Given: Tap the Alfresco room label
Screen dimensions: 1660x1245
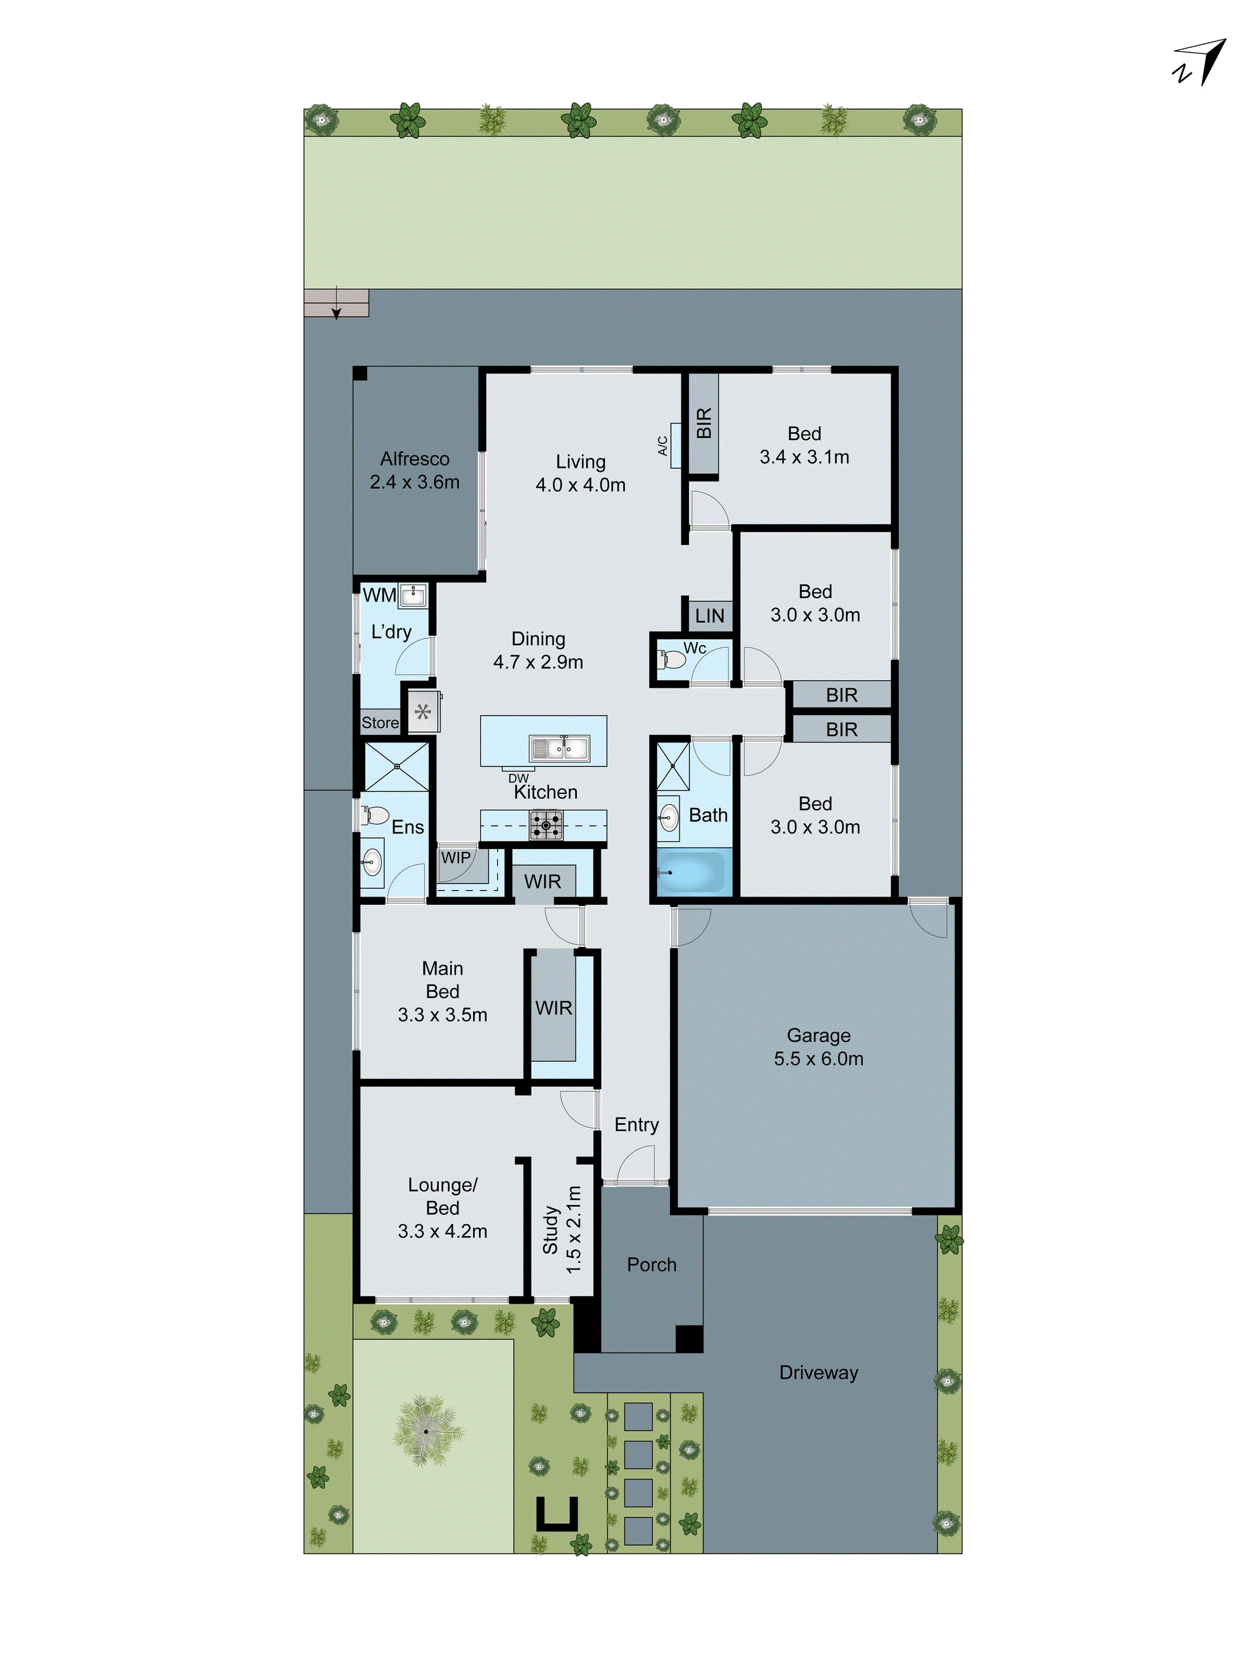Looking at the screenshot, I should click(x=414, y=458).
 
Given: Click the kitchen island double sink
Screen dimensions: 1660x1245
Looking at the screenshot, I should click(x=559, y=748).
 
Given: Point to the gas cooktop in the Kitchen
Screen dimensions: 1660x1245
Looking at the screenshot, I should click(x=545, y=825).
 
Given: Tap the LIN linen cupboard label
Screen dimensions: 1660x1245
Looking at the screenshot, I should click(x=709, y=616).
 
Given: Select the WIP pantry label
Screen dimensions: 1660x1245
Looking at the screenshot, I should click(x=455, y=857).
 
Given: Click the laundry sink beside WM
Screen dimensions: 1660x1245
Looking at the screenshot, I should click(x=413, y=596).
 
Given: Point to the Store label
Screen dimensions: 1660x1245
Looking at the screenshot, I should click(x=381, y=723).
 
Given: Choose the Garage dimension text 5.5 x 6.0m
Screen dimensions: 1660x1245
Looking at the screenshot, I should click(x=818, y=1059).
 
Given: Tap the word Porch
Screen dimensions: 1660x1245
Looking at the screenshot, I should click(x=652, y=1265).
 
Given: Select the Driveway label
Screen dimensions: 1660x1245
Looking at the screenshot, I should click(x=818, y=1372).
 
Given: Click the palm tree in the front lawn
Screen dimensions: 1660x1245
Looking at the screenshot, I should click(x=424, y=1432).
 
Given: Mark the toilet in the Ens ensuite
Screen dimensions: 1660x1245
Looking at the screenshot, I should click(x=375, y=816).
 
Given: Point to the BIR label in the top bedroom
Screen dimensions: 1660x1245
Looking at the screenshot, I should click(x=703, y=423).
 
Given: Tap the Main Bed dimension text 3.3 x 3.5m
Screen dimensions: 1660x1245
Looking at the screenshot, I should click(x=442, y=1014).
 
